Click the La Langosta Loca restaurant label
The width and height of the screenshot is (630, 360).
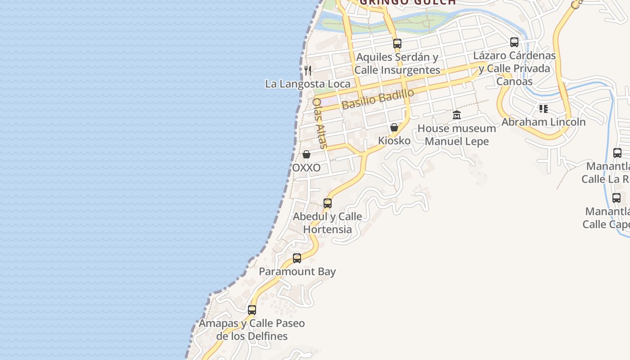pos(307,84)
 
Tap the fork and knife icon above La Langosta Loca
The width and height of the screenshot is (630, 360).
pos(308,70)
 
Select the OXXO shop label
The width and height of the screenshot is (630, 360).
pos(306,168)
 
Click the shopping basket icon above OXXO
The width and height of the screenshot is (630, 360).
pos(306,154)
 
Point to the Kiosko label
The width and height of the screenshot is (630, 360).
pos(394,141)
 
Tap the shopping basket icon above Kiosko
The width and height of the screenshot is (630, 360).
pos(394,127)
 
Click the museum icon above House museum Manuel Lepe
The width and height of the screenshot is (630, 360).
pos(457,115)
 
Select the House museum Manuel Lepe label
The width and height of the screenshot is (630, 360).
pos(457,135)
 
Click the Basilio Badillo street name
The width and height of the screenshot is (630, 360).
pos(378,99)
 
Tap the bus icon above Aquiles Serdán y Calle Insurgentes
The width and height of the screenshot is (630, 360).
pos(397,43)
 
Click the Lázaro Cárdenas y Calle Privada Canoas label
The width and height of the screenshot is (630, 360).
pos(514,68)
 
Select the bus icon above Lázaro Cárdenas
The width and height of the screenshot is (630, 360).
pos(514,42)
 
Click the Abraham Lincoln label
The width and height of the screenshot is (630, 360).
pos(544,122)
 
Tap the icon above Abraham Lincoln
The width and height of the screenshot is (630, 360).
pos(544,108)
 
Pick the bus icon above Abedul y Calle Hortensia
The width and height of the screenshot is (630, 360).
pos(328,203)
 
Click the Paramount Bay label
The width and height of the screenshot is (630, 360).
pos(297,272)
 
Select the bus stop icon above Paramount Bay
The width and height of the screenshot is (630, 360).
pos(297,258)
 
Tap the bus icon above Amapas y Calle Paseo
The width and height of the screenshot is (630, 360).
pos(252,310)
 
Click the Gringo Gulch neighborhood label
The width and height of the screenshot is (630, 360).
pos(408,2)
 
